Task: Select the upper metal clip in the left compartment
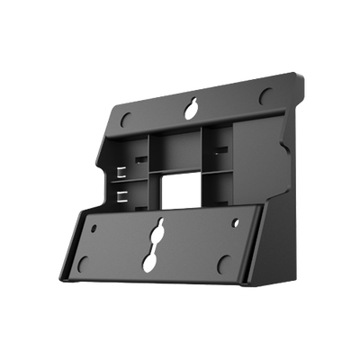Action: [123, 167]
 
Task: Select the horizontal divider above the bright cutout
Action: [176, 171]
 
